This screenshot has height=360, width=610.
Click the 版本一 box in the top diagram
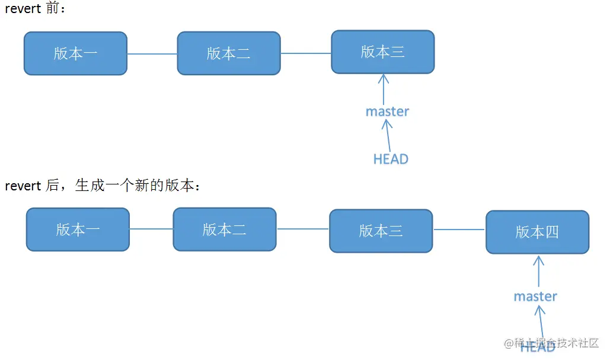[x=75, y=53]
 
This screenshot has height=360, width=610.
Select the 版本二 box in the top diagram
[x=229, y=53]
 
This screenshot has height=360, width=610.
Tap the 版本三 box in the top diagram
[x=382, y=52]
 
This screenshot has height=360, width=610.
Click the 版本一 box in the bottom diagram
[x=78, y=230]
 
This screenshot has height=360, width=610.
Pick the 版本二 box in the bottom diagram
[x=225, y=230]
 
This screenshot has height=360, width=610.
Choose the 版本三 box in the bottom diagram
[x=381, y=231]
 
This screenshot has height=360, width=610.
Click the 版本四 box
[x=537, y=232]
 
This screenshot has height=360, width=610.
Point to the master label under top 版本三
[x=387, y=111]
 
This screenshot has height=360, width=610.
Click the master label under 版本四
[x=535, y=296]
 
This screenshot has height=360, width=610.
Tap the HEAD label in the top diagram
[x=391, y=159]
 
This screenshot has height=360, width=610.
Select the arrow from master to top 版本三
[x=384, y=88]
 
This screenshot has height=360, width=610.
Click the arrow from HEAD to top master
[x=388, y=135]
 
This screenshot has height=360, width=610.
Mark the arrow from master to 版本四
[x=538, y=271]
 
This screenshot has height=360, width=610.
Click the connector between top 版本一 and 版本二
[x=152, y=54]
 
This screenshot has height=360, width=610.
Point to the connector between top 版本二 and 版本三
[x=306, y=53]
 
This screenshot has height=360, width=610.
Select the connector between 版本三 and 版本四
[x=459, y=230]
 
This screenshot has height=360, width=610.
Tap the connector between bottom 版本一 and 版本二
[x=151, y=229]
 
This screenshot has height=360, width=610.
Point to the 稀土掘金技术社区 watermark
[x=551, y=343]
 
